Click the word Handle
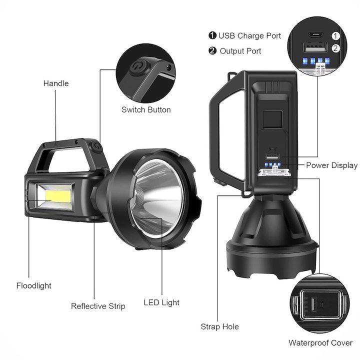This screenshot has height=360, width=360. point(55,83)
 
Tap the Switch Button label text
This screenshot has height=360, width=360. point(146,110)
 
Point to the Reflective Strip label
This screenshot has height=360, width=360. point(98,306)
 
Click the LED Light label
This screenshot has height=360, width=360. point(161,302)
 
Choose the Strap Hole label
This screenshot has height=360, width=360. point(220,326)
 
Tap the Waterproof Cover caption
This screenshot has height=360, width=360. point(320,342)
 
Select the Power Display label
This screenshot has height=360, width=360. point(331,165)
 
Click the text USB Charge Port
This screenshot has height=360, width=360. point(249,35)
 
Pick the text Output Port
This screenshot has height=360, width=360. point(240,50)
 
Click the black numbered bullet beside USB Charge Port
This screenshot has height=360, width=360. point(212,35)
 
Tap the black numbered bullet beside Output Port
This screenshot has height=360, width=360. point(212,50)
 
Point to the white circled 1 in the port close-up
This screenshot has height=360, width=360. point(335,35)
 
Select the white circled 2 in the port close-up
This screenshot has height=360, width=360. point(335,48)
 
